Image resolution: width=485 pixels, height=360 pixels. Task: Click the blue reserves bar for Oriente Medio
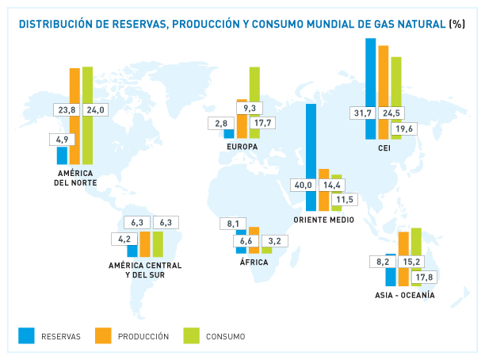tap(311, 143)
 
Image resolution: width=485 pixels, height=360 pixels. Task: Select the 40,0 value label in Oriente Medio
tap(303, 185)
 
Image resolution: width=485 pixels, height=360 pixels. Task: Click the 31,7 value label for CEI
tap(363, 113)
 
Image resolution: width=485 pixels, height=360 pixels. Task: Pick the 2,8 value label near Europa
tap(220, 123)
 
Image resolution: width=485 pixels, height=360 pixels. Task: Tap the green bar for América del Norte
tap(87, 87)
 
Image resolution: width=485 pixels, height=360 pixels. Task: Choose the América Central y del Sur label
tap(145, 269)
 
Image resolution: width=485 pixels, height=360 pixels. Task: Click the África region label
tap(254, 262)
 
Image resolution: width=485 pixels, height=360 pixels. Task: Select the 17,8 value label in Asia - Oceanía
tap(425, 277)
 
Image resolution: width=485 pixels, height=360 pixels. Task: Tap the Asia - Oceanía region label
tap(405, 296)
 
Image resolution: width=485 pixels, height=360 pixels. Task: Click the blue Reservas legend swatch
tap(27, 336)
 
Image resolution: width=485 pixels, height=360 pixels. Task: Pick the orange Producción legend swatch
tap(103, 336)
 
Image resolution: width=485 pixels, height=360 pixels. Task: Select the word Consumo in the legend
tap(225, 337)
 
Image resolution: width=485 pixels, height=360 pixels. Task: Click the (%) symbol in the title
tap(456, 24)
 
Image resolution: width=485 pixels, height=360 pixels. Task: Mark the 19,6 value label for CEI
tap(404, 128)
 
